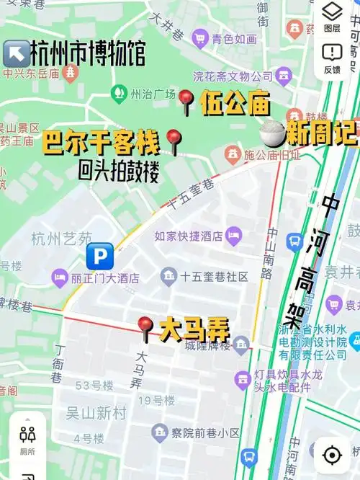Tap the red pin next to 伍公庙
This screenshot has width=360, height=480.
[x=186, y=101]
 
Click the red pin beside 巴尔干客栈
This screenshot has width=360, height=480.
[x=173, y=141]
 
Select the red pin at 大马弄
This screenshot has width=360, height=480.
[x=145, y=328]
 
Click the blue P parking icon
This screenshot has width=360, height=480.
[x=100, y=255]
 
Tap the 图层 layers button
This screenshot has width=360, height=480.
[x=332, y=16]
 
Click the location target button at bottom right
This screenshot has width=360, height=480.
[x=332, y=455]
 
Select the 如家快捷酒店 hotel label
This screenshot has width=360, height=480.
[x=189, y=235]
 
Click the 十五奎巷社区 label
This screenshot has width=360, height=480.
[x=213, y=277]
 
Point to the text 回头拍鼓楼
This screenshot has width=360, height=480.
[x=118, y=171]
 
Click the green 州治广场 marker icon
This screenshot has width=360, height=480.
[x=117, y=93]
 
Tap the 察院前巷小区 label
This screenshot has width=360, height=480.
[x=204, y=432]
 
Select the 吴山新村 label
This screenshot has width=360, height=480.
[x=96, y=413]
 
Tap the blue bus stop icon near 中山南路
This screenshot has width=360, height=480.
[x=294, y=241]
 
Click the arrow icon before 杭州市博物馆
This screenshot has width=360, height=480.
[x=16, y=52]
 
